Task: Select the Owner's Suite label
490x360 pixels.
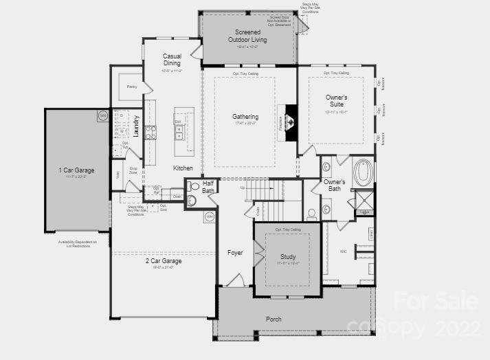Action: coord(336,101)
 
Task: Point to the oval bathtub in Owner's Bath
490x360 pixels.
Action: coord(363,172)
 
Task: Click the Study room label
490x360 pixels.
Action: coord(287,257)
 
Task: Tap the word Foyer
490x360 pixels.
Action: coord(235,253)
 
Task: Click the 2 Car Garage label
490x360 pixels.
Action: coord(163,261)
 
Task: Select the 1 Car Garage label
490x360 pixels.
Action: coord(76,170)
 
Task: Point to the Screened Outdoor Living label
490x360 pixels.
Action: coord(247,36)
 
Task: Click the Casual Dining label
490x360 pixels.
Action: coord(172,60)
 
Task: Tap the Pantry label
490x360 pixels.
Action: coord(132,87)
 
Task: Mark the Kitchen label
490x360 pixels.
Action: coord(183,168)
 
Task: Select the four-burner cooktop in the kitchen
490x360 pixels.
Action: coord(150,132)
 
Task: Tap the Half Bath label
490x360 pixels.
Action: coord(208,187)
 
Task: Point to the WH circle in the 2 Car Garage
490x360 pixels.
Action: coord(210,217)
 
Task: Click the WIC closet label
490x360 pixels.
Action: coord(344,251)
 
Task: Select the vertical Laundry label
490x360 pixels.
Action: coord(136,126)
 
